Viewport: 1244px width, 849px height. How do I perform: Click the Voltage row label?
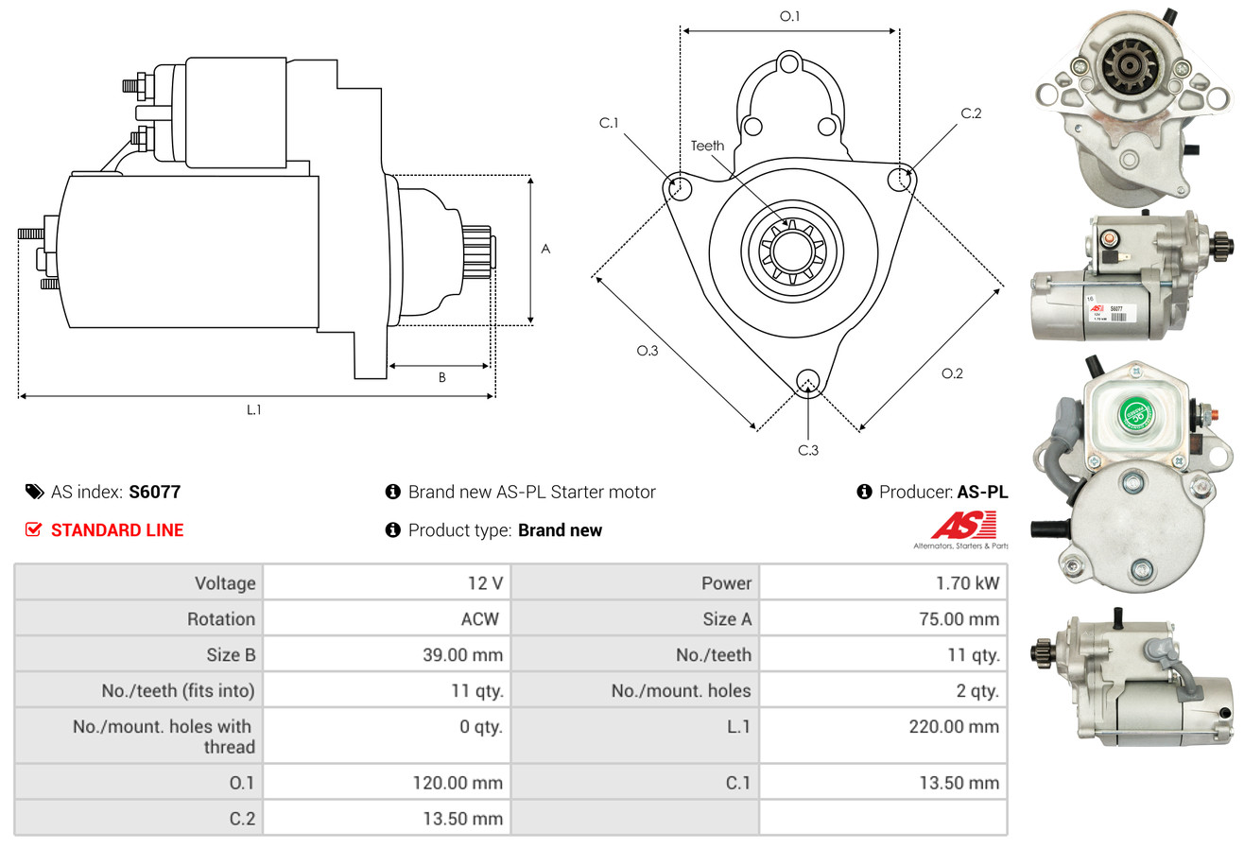[225, 583]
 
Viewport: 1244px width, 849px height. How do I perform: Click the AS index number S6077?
[154, 492]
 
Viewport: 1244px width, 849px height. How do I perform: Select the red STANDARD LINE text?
[117, 530]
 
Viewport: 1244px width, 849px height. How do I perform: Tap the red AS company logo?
[963, 525]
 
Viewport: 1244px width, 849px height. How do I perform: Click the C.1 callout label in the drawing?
[608, 123]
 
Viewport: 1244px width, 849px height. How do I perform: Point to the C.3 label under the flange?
[808, 450]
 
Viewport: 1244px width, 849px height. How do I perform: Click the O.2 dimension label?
[952, 373]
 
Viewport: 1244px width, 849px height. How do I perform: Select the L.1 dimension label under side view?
[253, 409]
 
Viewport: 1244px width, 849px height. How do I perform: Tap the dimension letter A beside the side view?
[545, 250]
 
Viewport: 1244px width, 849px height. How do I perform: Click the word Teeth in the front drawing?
[707, 146]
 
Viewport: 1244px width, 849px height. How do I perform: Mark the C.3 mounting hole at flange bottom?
[807, 381]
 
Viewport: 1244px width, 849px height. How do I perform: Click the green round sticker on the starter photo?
[1137, 413]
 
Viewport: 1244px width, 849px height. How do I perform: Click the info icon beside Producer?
[864, 492]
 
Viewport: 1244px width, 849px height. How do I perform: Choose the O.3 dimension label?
[647, 351]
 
